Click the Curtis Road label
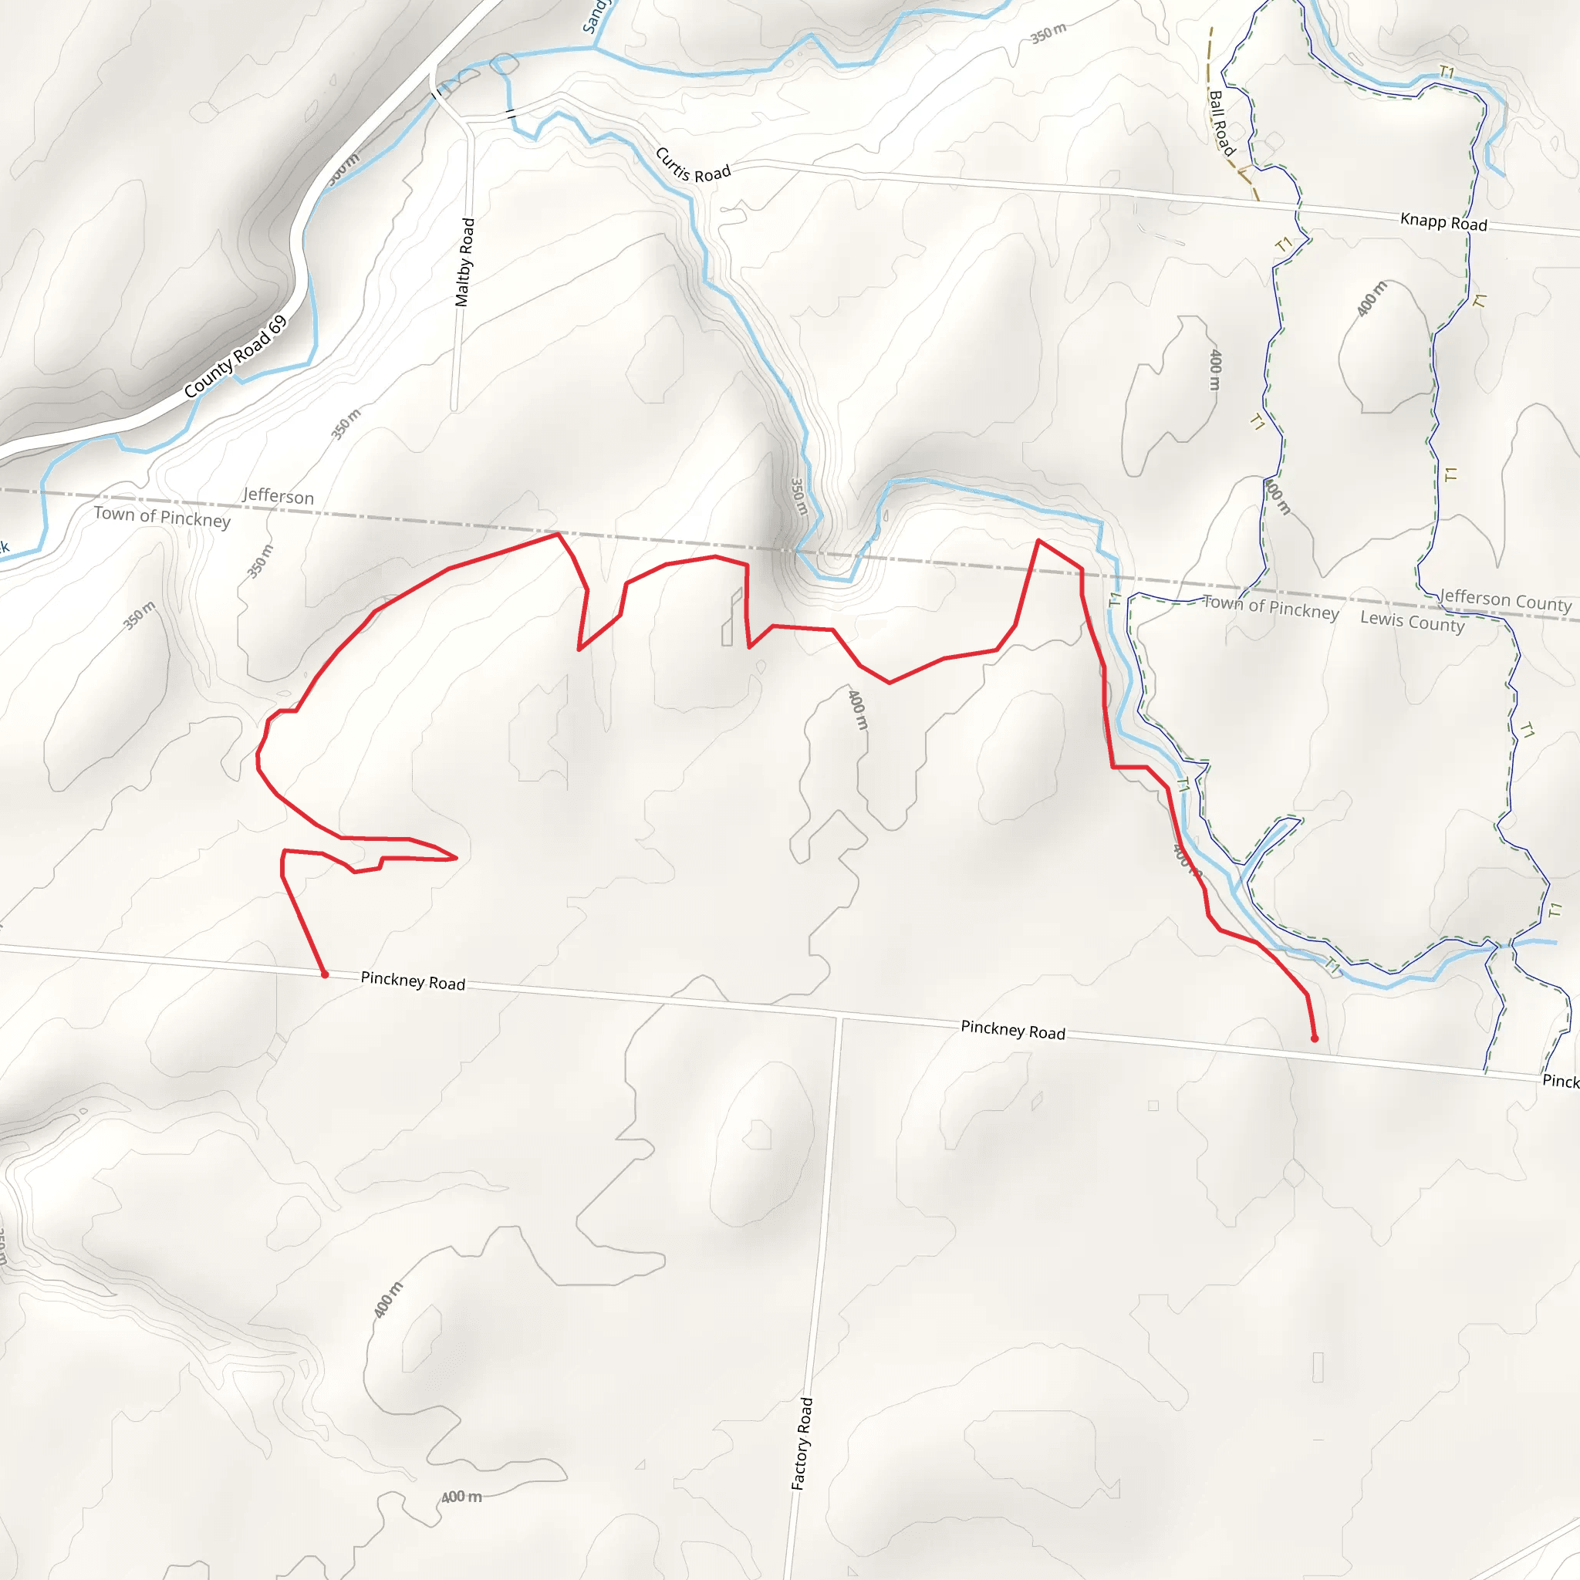tap(692, 165)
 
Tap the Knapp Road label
tap(1443, 221)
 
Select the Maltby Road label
tap(464, 262)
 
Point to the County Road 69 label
tap(235, 356)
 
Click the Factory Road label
tap(802, 1443)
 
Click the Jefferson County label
tap(1504, 601)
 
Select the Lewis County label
tap(1412, 622)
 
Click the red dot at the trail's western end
tap(325, 975)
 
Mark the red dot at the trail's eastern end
tap(1314, 1038)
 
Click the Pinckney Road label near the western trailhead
tap(412, 981)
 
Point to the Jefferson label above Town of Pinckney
tap(278, 496)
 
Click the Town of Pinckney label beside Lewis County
tap(1270, 608)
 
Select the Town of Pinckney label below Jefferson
tap(162, 517)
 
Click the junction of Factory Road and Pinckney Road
tap(840, 1018)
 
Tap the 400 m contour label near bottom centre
tap(461, 1497)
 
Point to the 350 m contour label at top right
tap(1048, 33)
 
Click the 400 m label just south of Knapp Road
tap(1371, 299)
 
